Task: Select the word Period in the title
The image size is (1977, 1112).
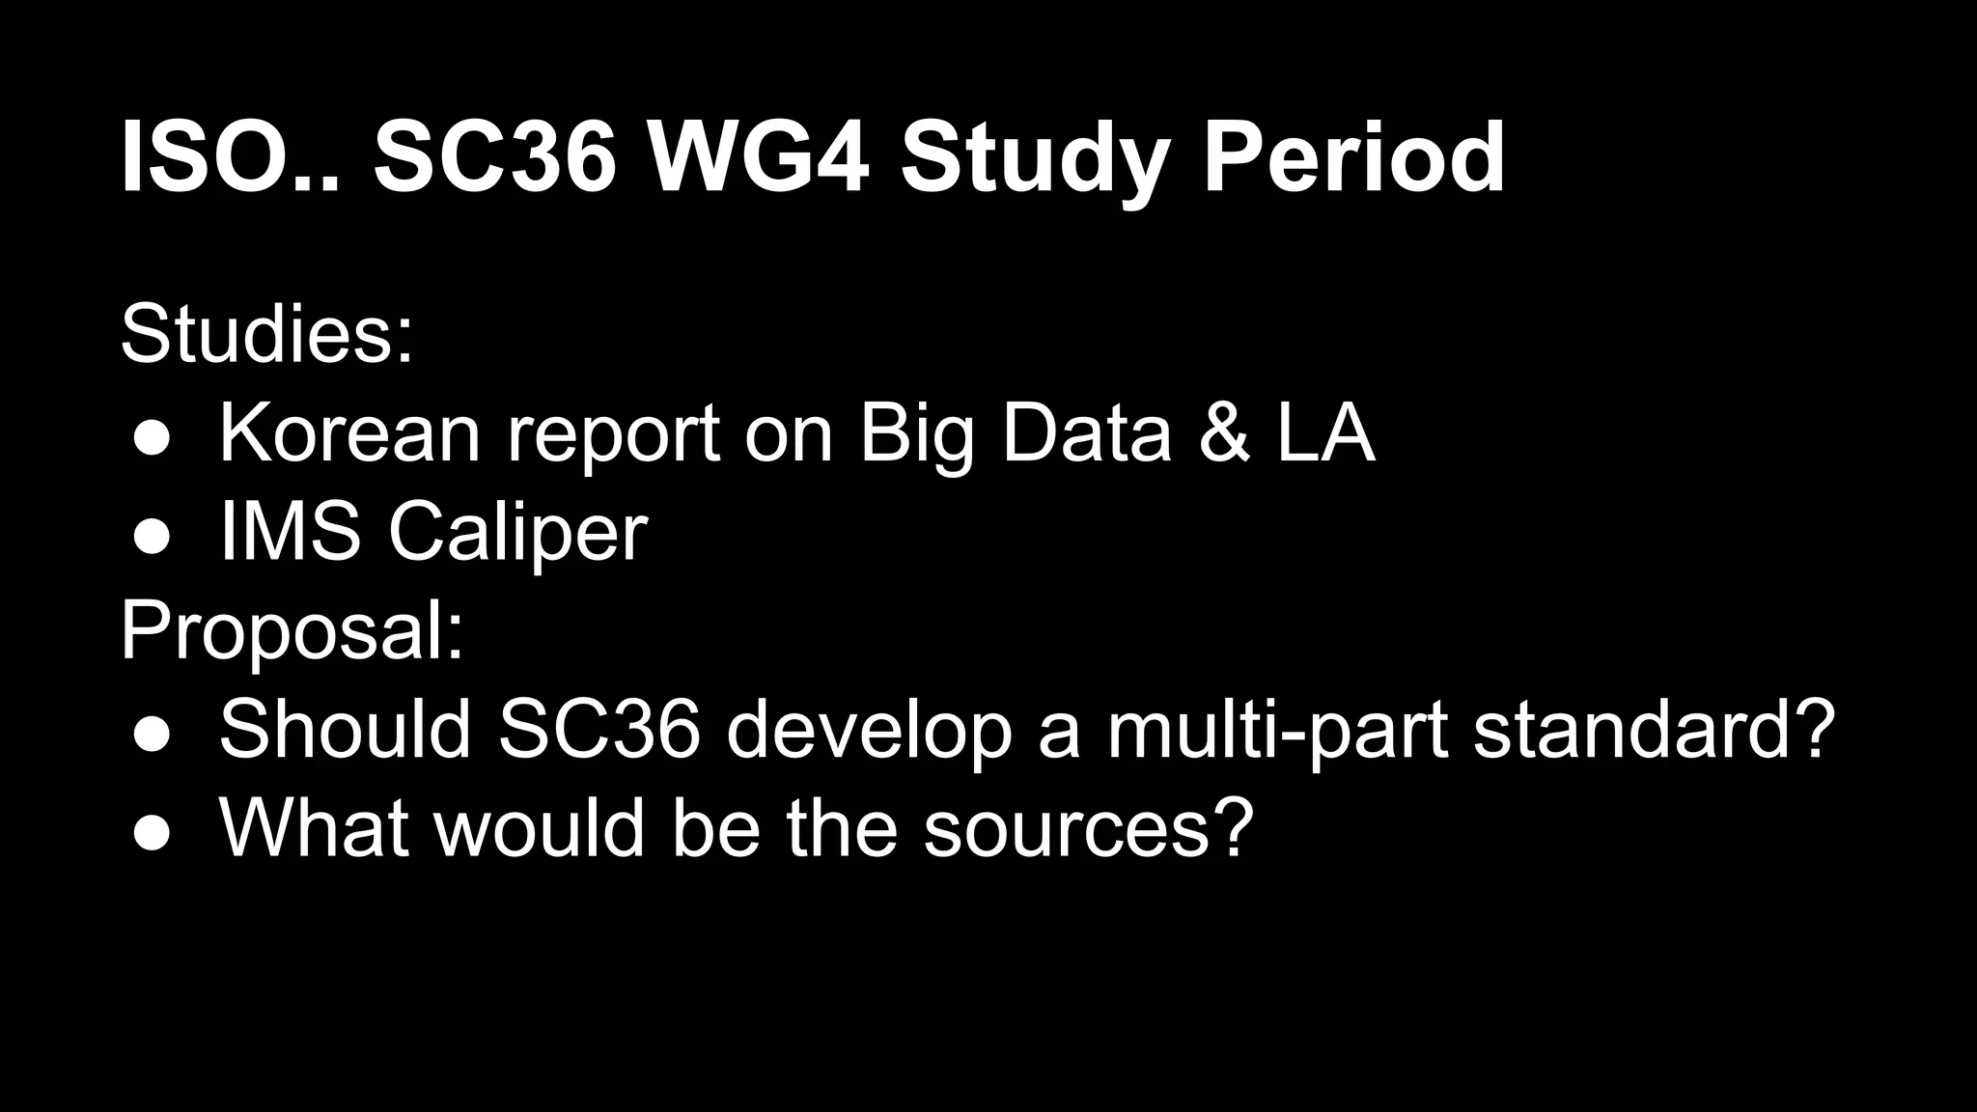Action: [x=1352, y=157]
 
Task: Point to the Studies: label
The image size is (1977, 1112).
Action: [x=266, y=334]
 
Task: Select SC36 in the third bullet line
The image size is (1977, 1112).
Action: [x=599, y=730]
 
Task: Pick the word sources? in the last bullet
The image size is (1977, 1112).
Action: [x=1088, y=829]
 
